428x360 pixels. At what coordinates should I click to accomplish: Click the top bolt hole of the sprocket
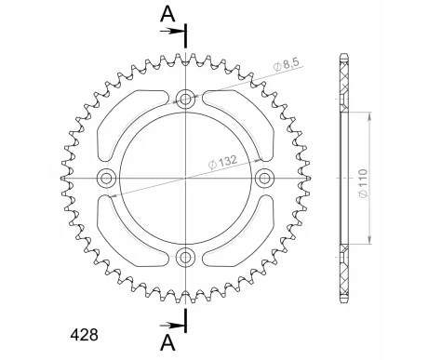click(185, 98)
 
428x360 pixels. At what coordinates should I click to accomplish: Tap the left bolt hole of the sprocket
click(106, 178)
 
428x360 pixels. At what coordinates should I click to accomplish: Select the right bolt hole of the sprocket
click(264, 178)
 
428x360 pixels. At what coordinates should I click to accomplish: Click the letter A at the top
click(166, 12)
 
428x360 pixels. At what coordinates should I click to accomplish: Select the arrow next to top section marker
click(174, 31)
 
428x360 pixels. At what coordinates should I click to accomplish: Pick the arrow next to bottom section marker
click(174, 325)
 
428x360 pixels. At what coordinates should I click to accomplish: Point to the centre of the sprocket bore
click(185, 178)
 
